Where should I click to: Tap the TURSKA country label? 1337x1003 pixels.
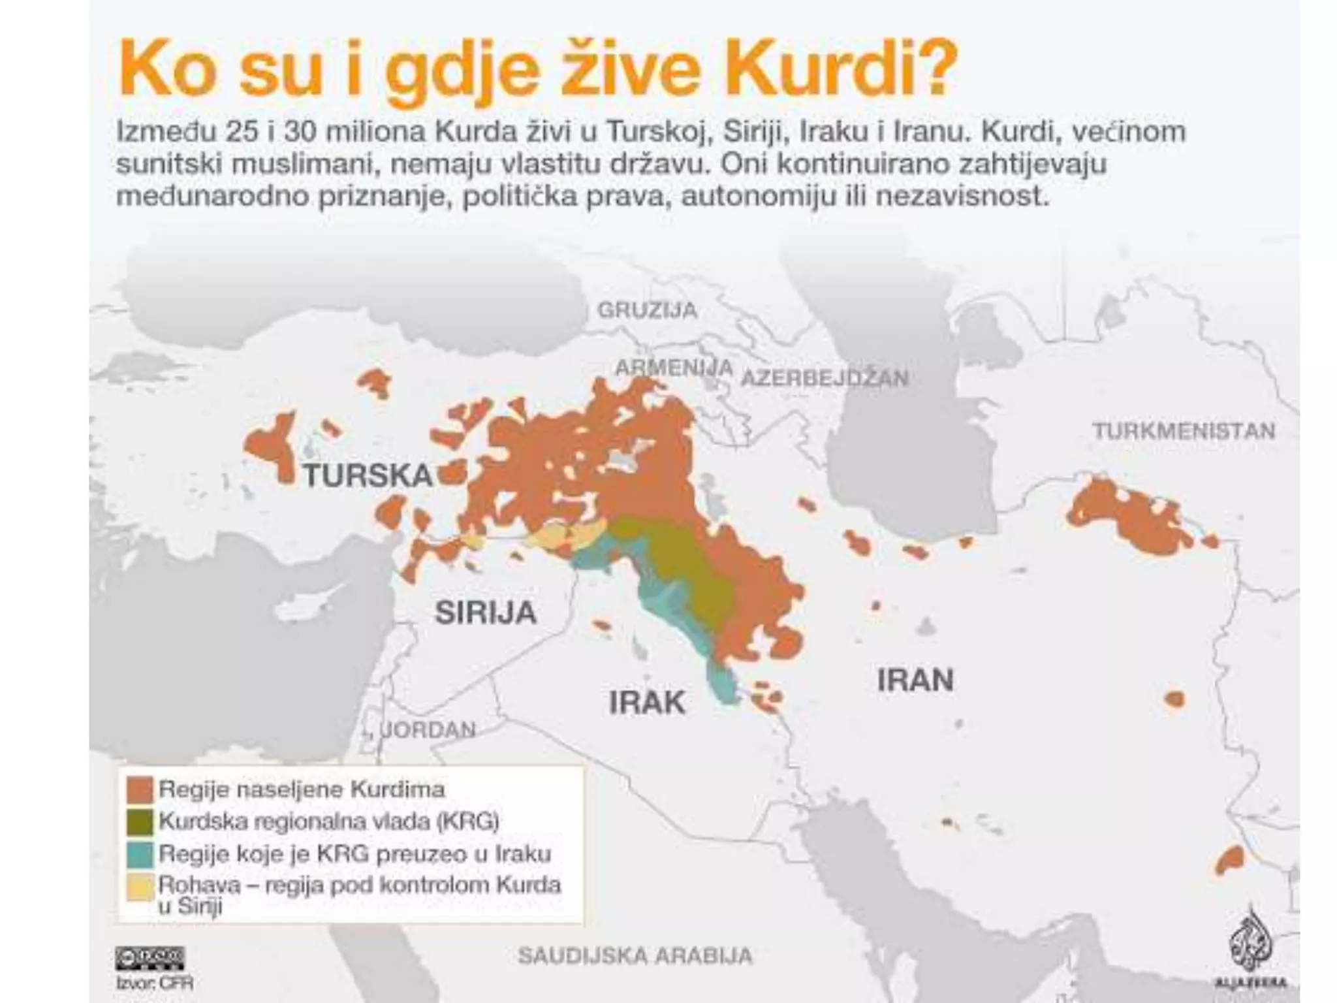[368, 475]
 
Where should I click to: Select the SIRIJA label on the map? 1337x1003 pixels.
[486, 613]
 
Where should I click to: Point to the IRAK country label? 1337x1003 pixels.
[647, 703]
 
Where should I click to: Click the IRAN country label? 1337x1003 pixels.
[915, 680]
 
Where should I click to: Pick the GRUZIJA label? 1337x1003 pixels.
[647, 310]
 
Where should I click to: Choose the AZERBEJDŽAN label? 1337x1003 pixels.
[825, 377]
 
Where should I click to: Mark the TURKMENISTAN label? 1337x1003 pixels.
[1184, 431]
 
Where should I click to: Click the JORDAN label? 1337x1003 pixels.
[428, 729]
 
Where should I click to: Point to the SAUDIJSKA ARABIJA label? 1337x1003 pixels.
[635, 956]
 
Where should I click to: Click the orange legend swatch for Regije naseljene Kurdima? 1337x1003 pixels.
[140, 790]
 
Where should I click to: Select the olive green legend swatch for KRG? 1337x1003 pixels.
[140, 821]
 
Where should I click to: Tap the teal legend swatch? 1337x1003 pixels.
[140, 853]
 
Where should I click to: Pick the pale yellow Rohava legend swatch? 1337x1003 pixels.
[140, 887]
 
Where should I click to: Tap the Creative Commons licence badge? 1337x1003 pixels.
[150, 958]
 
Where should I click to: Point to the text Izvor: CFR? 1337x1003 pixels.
[155, 982]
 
